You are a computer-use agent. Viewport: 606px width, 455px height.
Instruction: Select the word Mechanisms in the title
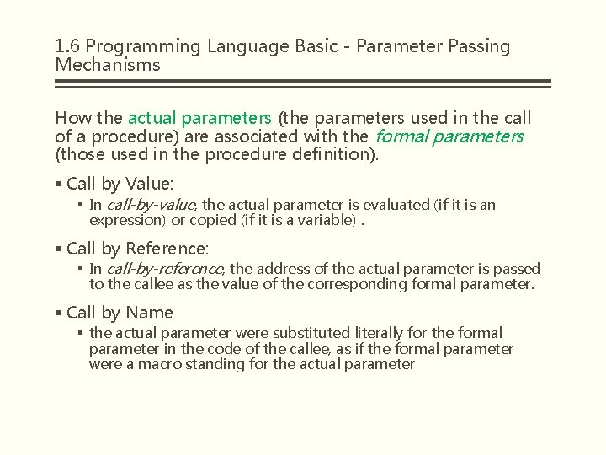pos(107,65)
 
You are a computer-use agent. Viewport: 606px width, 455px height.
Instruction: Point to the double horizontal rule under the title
pos(302,83)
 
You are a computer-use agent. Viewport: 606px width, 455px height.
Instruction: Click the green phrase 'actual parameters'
pos(199,118)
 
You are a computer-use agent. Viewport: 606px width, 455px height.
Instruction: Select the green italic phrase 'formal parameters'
pos(449,136)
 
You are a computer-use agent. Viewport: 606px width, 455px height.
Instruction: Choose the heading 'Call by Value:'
pos(119,184)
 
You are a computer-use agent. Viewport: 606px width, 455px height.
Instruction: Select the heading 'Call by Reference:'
pos(137,249)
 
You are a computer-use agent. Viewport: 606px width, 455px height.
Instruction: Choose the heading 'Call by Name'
pos(120,313)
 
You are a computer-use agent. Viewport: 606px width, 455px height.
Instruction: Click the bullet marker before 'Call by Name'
pos(59,313)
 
